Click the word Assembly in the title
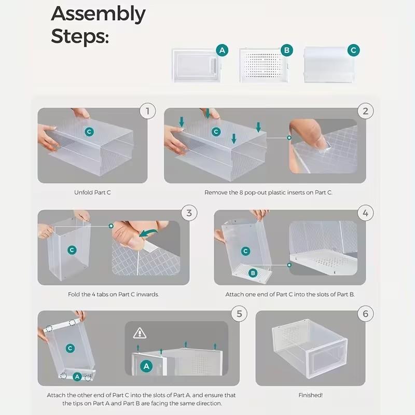(98, 15)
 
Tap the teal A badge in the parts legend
(222, 50)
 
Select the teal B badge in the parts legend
(286, 50)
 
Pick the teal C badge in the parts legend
(354, 50)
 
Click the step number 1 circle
(148, 110)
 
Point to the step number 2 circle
(366, 110)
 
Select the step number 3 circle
(189, 213)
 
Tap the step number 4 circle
(366, 213)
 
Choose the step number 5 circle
(239, 313)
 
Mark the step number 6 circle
(366, 313)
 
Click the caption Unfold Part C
(92, 192)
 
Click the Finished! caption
(310, 395)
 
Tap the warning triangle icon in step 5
(140, 333)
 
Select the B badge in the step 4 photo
(253, 273)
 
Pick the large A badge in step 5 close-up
(146, 366)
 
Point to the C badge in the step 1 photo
(89, 132)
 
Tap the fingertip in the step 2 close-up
(317, 138)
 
